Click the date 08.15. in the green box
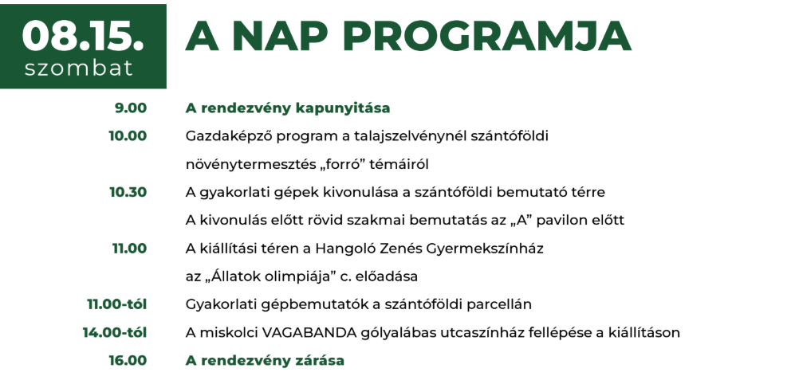pos(83,37)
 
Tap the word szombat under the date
pos(79,68)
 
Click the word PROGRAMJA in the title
pos(487,37)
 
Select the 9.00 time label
pos(131,108)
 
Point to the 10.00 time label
pos(128,136)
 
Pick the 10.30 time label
pos(128,192)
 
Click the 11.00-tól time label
pos(117,304)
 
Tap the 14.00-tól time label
pos(115,333)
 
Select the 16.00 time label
pos(128,361)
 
